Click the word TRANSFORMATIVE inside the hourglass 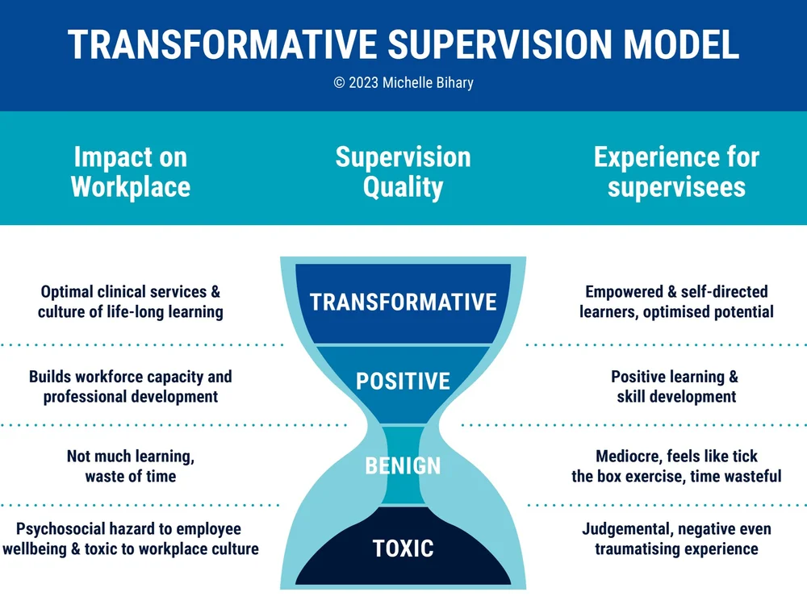click(x=403, y=302)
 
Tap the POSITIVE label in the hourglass click(x=403, y=381)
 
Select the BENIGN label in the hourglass click(x=403, y=465)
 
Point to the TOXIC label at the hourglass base click(x=403, y=549)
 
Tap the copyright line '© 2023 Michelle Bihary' click(x=403, y=83)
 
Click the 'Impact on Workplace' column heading click(x=130, y=171)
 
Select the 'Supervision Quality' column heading click(x=403, y=171)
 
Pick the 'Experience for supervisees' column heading click(x=676, y=171)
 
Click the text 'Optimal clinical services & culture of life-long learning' click(x=130, y=302)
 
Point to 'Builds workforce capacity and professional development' click(x=130, y=386)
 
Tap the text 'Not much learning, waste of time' click(x=130, y=466)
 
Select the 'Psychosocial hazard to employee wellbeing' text click(x=130, y=539)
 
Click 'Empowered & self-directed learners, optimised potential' click(x=676, y=302)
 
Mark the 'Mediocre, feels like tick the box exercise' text click(x=676, y=466)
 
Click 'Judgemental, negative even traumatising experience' click(x=676, y=539)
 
